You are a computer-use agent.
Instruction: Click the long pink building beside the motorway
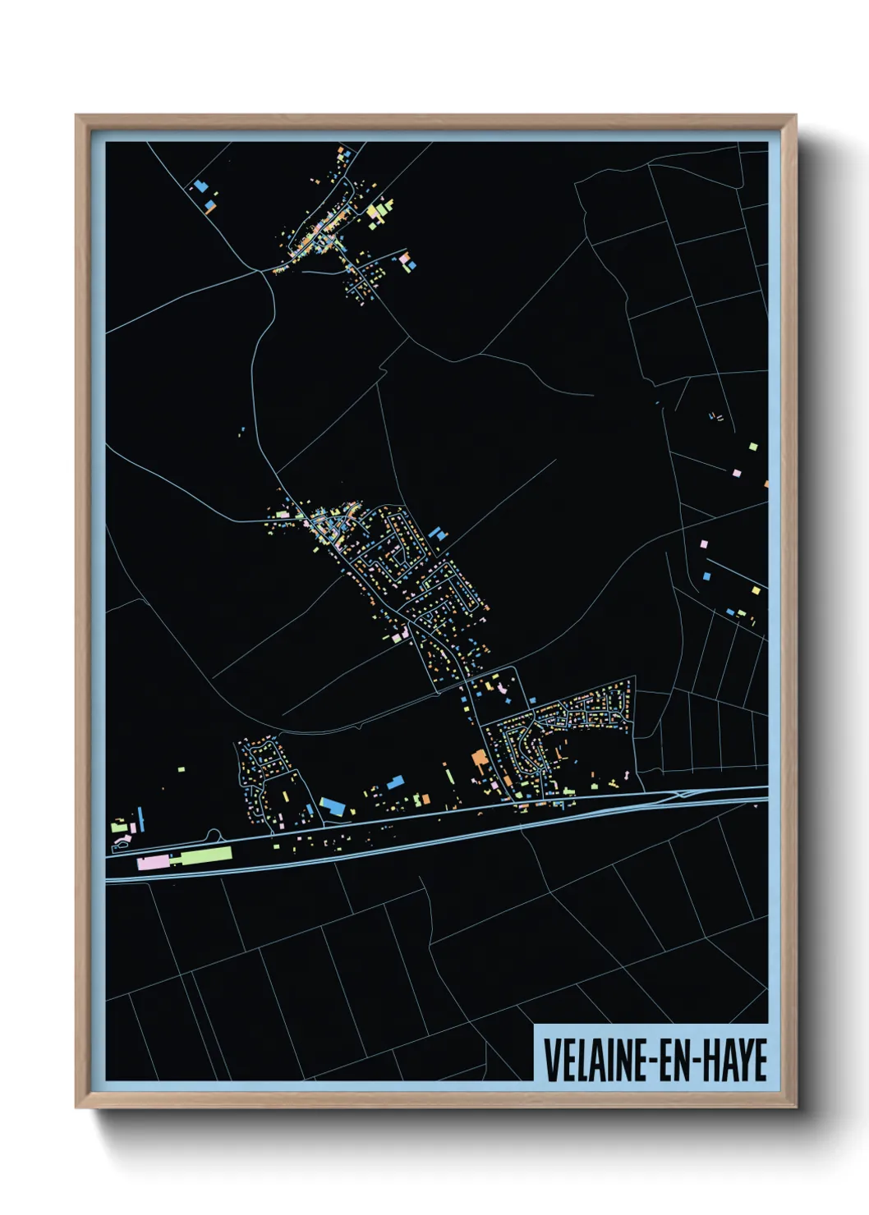pos(153,862)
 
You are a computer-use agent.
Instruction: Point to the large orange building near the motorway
pos(479,759)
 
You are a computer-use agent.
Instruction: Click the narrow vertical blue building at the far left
pos(140,818)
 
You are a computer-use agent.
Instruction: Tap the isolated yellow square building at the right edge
pos(753,447)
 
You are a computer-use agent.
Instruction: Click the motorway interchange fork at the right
pos(682,794)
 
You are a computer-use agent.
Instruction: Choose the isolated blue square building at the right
pos(706,576)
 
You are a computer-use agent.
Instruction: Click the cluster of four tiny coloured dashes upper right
pos(716,417)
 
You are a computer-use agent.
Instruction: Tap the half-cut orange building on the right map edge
pos(766,484)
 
